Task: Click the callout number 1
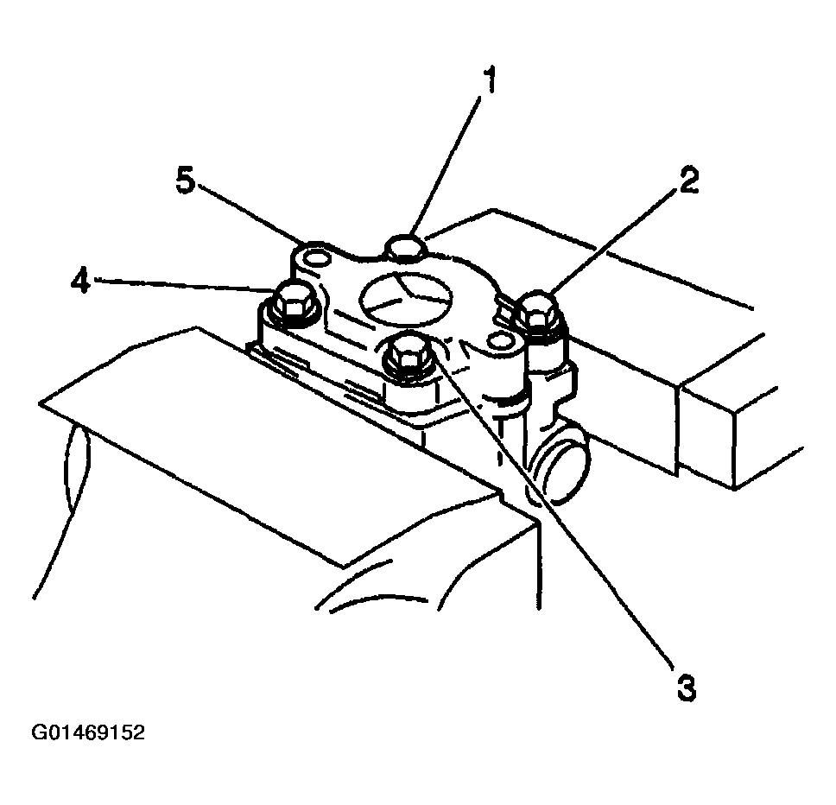pos(490,80)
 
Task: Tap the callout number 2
pos(688,180)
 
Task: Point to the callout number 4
pos(81,280)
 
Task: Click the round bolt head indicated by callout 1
pos(406,246)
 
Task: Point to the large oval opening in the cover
pos(406,297)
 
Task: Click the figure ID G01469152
pos(88,732)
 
